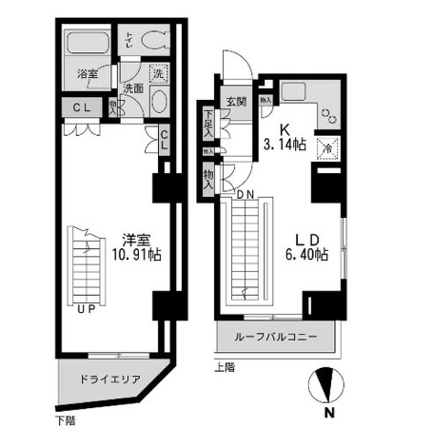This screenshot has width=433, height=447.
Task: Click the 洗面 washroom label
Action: (132, 87)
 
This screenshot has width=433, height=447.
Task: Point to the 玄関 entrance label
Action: (236, 102)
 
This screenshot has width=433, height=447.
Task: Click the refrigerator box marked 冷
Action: (326, 148)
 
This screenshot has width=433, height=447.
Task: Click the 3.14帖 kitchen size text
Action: (285, 145)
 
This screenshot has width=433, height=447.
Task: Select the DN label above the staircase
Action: (245, 194)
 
